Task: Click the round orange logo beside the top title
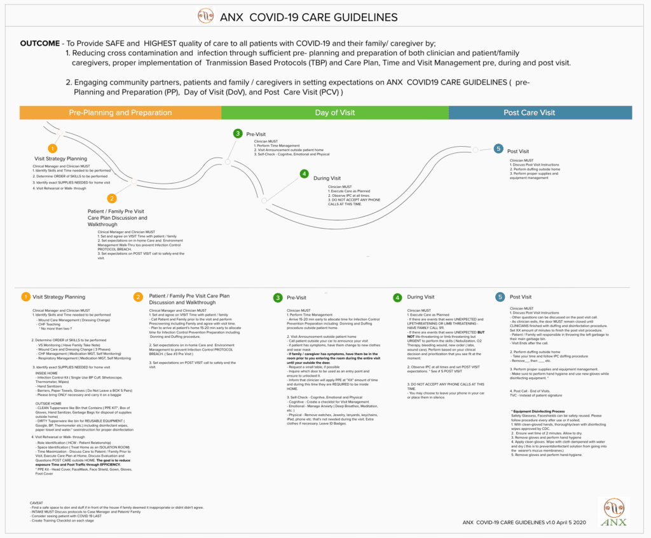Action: pos(206,16)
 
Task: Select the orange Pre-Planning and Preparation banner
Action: pos(120,112)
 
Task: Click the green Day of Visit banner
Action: pos(334,112)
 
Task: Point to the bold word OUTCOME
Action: pos(40,43)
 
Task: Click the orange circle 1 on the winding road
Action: pos(53,148)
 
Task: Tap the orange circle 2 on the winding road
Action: pos(112,198)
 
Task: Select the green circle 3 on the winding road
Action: pos(238,133)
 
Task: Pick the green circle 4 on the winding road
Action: pos(305,173)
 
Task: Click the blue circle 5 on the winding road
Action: pos(498,149)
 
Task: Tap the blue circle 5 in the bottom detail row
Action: pos(500,297)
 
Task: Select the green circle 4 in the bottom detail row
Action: pos(397,297)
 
